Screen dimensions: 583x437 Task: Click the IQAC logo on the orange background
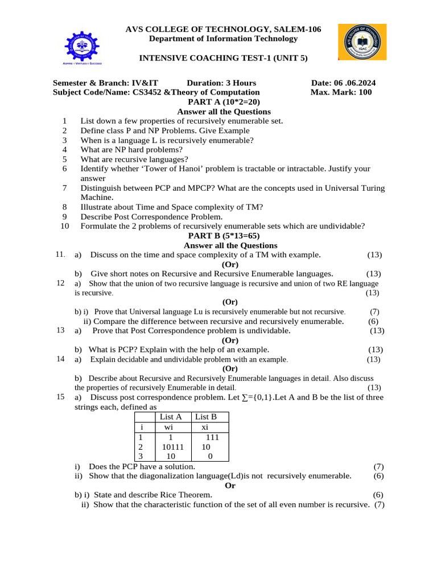[x=362, y=42]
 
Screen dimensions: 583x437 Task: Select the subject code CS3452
[x=148, y=92]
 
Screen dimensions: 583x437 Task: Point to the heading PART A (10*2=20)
[x=224, y=102]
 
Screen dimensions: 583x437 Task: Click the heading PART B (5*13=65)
[x=224, y=236]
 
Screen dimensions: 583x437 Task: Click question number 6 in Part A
[x=65, y=169]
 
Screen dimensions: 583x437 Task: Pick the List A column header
[x=171, y=417]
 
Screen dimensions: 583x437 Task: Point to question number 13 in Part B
[x=61, y=330]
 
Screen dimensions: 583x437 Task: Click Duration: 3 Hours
[x=221, y=83]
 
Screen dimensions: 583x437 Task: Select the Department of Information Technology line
[x=223, y=39]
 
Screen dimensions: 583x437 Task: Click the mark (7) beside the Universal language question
[x=374, y=311]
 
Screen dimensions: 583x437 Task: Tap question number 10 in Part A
[x=64, y=226]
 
